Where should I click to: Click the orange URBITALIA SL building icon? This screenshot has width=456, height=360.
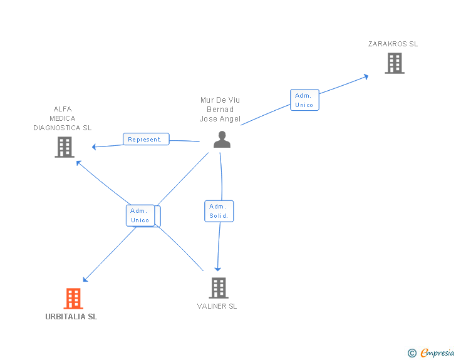73,299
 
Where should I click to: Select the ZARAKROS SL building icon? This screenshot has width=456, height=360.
394,63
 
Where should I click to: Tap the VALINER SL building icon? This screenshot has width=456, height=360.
218,288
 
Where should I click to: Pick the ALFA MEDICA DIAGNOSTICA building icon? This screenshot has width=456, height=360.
64,147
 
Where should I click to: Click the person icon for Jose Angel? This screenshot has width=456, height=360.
222,140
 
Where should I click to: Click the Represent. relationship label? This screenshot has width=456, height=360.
145,140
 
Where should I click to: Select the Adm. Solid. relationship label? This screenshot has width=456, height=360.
219,211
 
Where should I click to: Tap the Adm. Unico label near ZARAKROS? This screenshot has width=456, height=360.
304,100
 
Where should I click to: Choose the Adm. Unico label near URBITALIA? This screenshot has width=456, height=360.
140,215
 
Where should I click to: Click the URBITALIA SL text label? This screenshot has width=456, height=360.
71,317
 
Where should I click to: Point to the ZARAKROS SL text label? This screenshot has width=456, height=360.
393,44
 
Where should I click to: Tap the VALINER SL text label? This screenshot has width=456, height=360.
217,307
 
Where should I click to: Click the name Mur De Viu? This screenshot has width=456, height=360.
220,100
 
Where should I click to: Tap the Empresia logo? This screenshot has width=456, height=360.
437,353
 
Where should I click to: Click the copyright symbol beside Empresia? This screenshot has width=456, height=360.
412,354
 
